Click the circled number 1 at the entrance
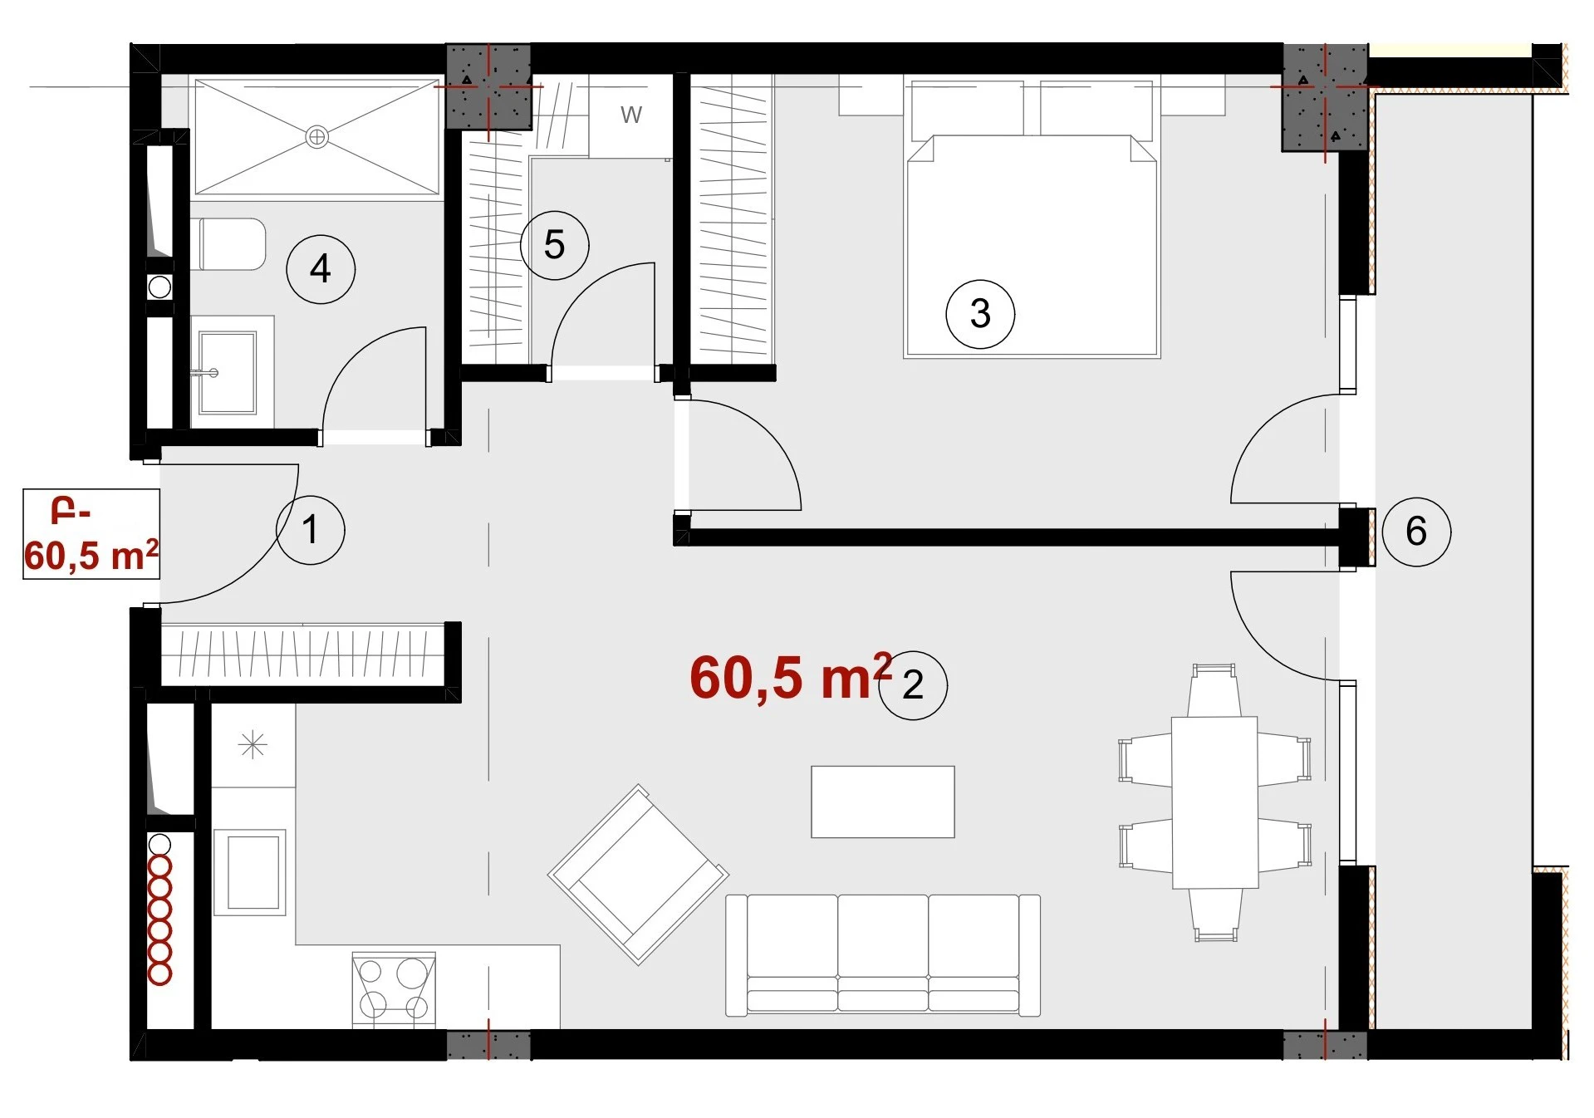click(310, 530)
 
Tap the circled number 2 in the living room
click(913, 684)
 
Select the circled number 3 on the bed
click(980, 314)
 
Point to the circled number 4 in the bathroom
click(321, 269)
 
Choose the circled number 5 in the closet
click(554, 245)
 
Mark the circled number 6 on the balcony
click(1416, 532)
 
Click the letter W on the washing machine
click(631, 115)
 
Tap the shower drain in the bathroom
click(316, 137)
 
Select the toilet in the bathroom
click(228, 244)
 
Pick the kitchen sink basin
click(251, 872)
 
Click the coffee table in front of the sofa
click(883, 802)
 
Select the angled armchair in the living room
click(638, 875)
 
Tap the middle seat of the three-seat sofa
click(883, 954)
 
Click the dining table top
click(1214, 802)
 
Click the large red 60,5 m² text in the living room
click(790, 676)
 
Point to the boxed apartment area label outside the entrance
click(91, 534)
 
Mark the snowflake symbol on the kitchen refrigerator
click(253, 745)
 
